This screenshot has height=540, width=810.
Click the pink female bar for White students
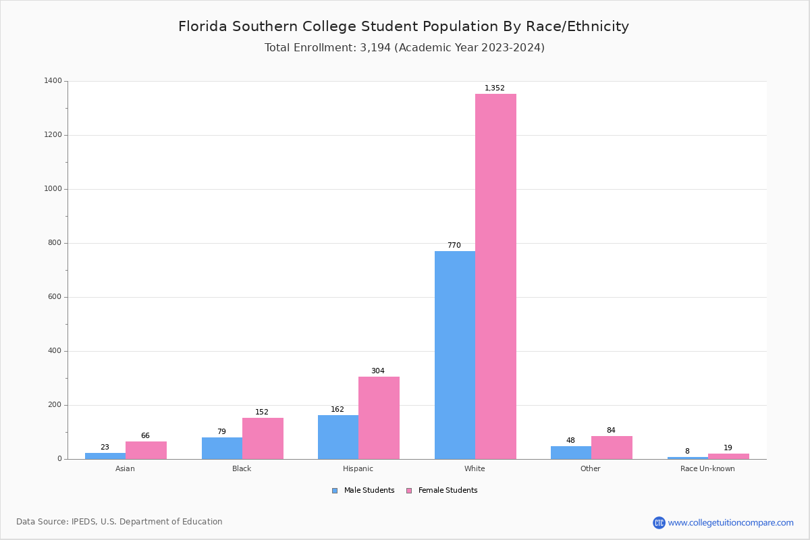click(x=495, y=277)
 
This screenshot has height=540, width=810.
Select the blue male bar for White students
click(x=455, y=355)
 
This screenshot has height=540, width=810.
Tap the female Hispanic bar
click(x=379, y=418)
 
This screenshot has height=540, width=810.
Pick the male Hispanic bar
click(x=338, y=437)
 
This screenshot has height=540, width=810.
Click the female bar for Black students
click(x=263, y=438)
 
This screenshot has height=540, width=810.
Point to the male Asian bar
click(x=105, y=456)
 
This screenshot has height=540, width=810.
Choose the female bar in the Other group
click(x=612, y=448)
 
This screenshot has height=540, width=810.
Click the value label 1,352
click(x=495, y=88)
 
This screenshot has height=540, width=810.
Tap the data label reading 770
click(x=454, y=246)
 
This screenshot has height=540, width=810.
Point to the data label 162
click(x=337, y=410)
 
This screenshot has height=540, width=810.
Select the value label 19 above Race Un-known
click(x=728, y=448)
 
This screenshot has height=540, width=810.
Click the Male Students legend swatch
click(x=335, y=491)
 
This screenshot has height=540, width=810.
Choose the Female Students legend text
click(x=448, y=491)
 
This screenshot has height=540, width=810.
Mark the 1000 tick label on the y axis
click(x=53, y=189)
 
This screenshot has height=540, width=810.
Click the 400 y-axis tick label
click(x=54, y=351)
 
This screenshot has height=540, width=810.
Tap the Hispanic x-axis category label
click(x=358, y=468)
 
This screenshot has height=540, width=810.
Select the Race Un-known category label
click(x=707, y=468)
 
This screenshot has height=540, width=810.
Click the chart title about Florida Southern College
click(x=404, y=26)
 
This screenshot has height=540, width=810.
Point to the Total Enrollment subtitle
click(x=404, y=48)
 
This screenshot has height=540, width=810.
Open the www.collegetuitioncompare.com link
click(x=730, y=522)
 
